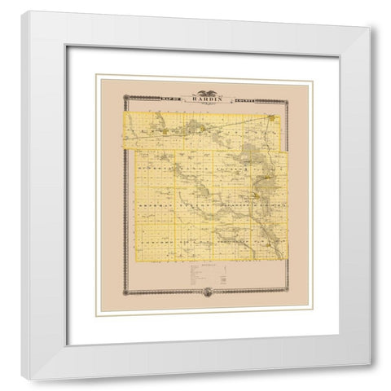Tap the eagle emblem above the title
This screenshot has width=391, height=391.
[202, 90]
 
